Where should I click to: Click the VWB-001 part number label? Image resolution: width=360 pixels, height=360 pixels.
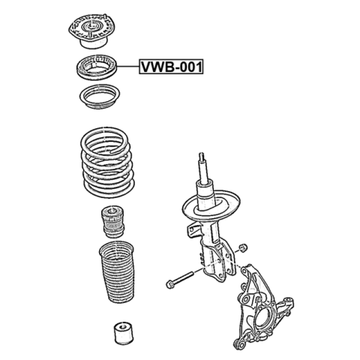pos(171,66)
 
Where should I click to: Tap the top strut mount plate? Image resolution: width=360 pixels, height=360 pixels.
pos(92,31)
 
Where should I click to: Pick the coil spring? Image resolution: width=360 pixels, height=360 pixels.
pos(107,162)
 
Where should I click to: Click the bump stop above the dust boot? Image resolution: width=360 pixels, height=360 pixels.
pos(112,222)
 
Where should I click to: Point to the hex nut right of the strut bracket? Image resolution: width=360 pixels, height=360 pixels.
pos(243,248)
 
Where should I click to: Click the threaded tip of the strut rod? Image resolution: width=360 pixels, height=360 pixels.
pos(201,156)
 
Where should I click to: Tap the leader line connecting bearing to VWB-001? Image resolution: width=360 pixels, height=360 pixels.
pos(128,66)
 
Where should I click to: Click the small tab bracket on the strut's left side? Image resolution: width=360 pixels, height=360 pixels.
pos(193,231)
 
